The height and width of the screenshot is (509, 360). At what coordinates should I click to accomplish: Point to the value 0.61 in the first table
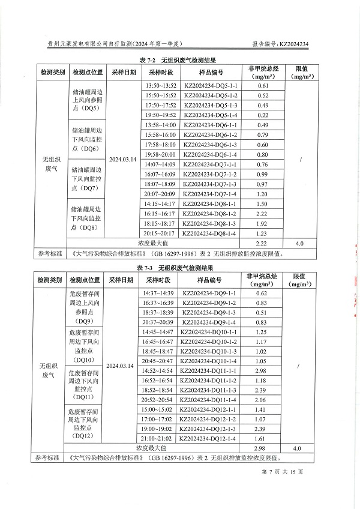[x=263, y=86]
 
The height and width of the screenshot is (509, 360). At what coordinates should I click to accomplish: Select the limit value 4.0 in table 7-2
[x=299, y=243]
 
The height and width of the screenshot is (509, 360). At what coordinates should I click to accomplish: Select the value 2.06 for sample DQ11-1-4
[x=261, y=399]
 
